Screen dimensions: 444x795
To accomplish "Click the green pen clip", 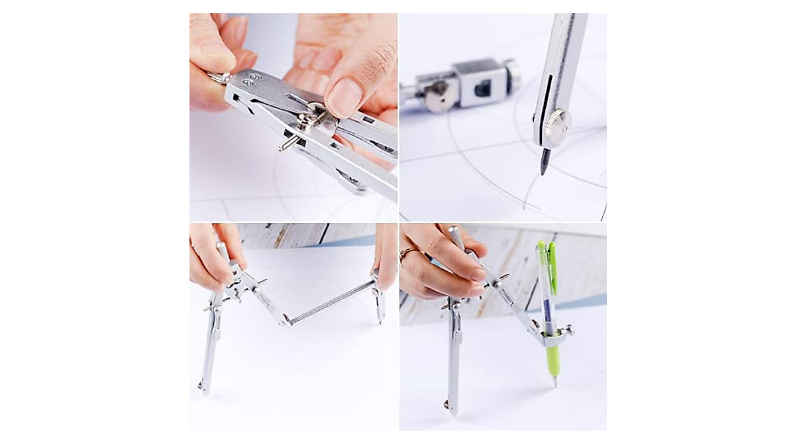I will [x=552, y=272].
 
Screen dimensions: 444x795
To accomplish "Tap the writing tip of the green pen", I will [x=555, y=382].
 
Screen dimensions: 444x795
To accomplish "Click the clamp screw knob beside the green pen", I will [x=568, y=329].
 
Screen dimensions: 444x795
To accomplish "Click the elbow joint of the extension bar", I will [x=286, y=322].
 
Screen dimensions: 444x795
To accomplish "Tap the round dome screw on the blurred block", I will [x=438, y=97].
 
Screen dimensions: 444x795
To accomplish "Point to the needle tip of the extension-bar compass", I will [x=201, y=386].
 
